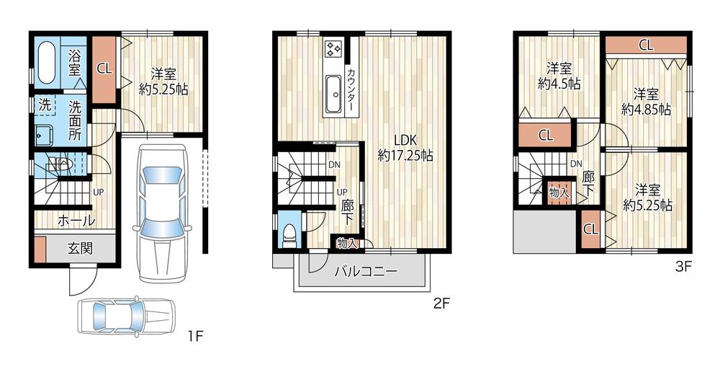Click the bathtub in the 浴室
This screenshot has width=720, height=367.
coord(46,63)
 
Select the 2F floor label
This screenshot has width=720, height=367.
coord(441,304)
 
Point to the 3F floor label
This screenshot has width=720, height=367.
coord(683,266)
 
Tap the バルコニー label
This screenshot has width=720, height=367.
coord(365,272)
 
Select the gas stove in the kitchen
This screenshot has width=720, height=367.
coord(333,49)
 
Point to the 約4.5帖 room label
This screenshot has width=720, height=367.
coord(559,76)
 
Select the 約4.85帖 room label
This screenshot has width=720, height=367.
coord(646,101)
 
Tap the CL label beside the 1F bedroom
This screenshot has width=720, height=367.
coord(104,69)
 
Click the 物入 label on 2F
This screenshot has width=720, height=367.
coord(347,244)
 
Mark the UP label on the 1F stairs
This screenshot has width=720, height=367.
coord(97,193)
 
